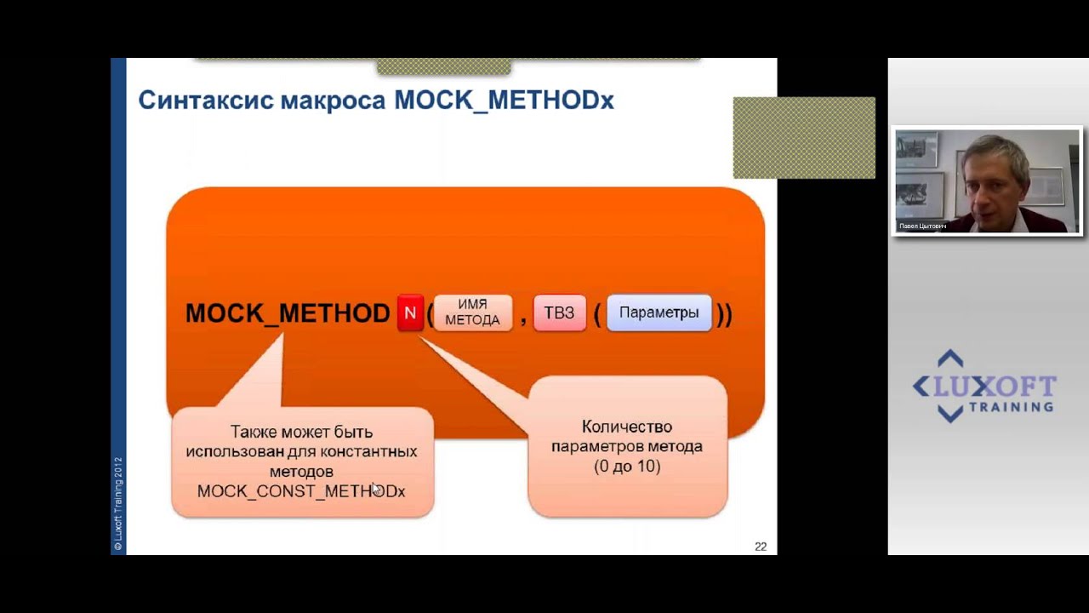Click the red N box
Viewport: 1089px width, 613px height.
point(410,313)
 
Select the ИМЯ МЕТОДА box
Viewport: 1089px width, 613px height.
point(472,313)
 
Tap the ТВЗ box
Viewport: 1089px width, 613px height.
point(559,313)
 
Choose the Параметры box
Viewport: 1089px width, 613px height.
point(659,313)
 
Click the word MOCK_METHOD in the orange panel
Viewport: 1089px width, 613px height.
point(288,313)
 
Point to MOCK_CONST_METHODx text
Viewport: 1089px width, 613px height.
point(300,491)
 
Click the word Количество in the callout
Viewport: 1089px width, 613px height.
point(627,427)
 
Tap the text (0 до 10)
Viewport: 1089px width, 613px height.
point(627,467)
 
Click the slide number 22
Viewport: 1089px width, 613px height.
point(761,547)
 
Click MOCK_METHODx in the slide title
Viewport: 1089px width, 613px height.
point(504,100)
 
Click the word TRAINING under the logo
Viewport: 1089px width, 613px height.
point(1010,407)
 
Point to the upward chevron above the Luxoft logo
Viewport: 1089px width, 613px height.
point(950,358)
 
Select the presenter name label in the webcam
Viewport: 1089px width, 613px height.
point(922,226)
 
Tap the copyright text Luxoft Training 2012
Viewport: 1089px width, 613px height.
point(118,502)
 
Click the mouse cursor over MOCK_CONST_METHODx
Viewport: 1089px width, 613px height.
point(376,489)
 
